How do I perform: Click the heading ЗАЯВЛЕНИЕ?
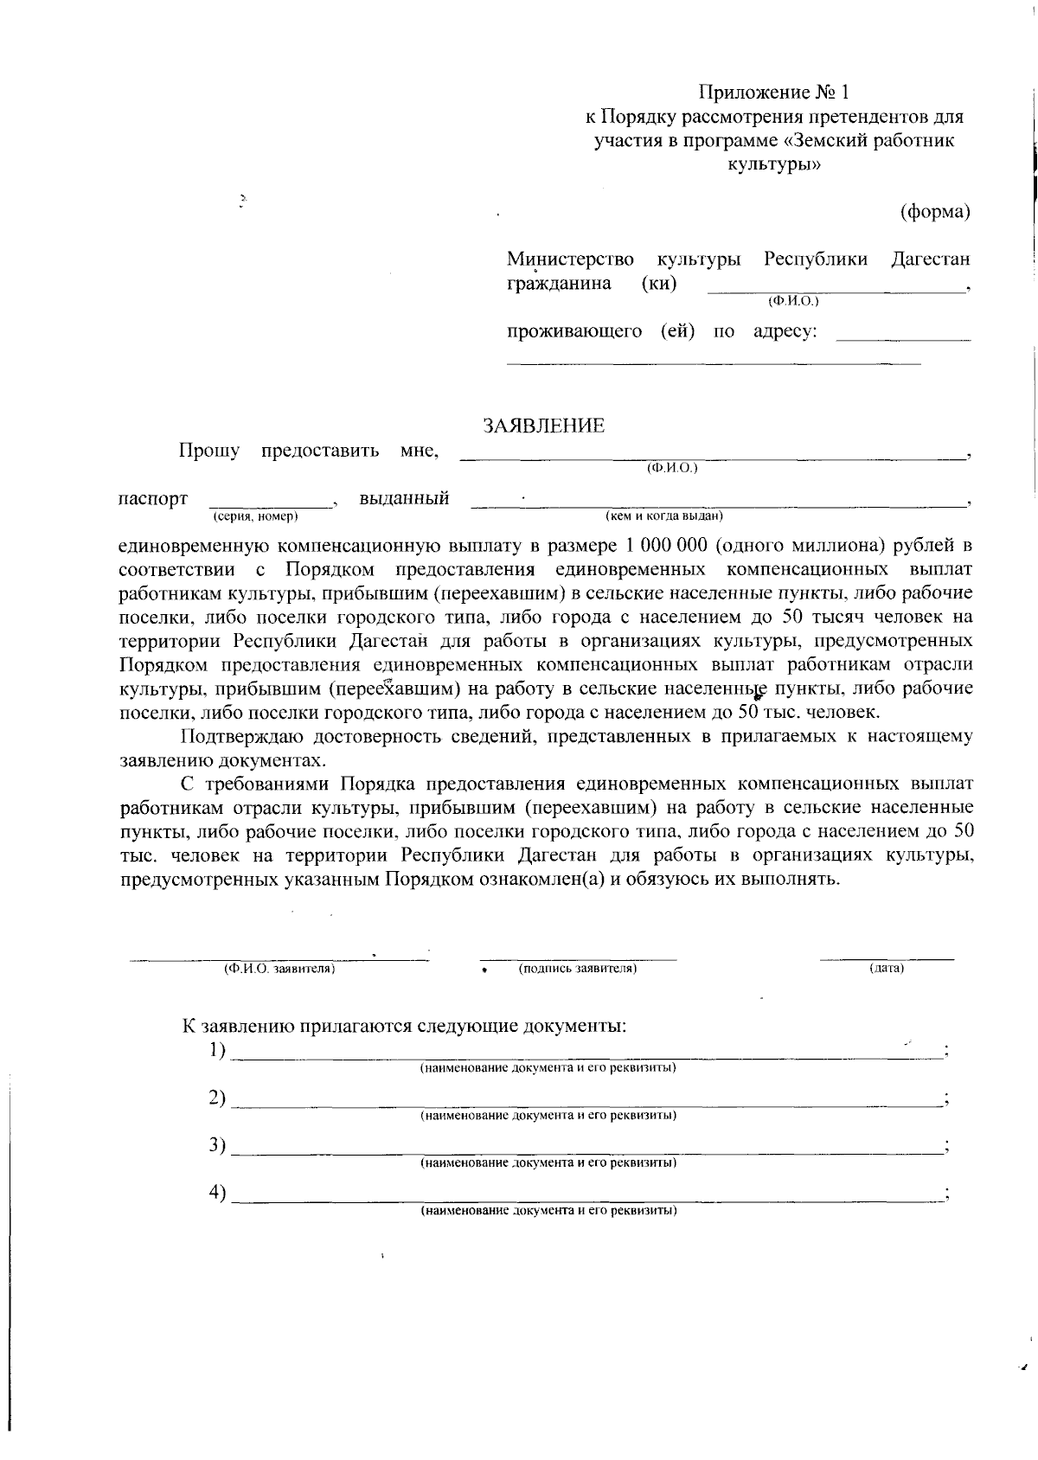click(543, 426)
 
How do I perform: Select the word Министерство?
click(570, 259)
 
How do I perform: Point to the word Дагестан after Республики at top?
click(931, 259)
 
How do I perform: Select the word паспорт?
click(152, 499)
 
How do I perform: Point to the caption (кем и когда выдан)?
click(663, 516)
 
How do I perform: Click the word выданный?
click(404, 499)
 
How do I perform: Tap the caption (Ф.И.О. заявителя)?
click(279, 970)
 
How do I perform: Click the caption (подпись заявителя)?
click(578, 969)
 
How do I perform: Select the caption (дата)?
click(887, 969)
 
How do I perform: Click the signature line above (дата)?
click(887, 958)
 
